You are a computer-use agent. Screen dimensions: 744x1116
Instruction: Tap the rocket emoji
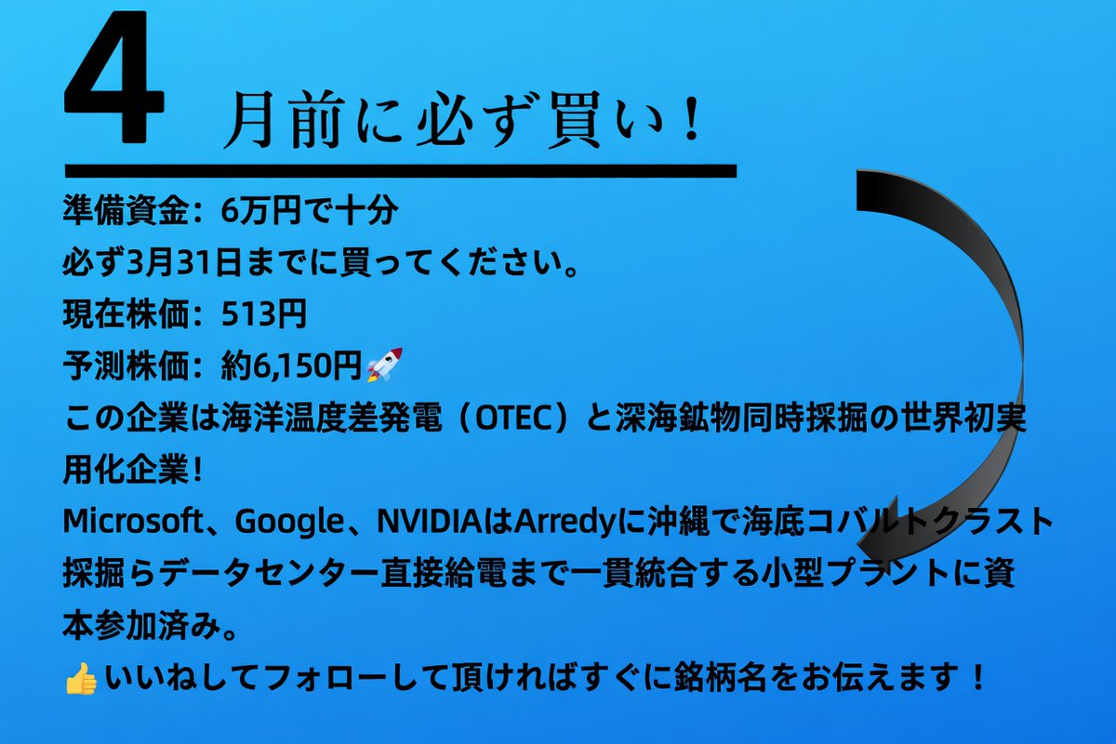384,365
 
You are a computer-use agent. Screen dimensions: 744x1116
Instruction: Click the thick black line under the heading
400,170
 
